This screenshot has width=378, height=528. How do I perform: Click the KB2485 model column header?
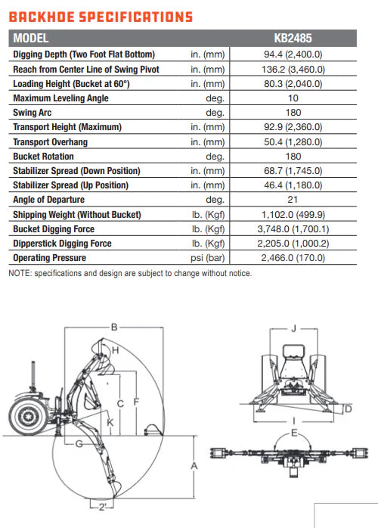[x=293, y=38]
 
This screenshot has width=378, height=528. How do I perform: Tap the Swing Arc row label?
[x=33, y=113]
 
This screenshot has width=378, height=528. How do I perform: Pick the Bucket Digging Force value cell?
[x=293, y=229]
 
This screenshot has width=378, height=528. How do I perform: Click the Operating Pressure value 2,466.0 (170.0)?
[x=293, y=258]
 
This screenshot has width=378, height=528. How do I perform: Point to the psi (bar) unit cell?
[x=208, y=258]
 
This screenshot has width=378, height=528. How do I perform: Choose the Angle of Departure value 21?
[x=293, y=200]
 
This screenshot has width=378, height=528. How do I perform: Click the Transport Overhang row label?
[x=51, y=142]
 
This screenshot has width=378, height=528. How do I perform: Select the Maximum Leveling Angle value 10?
[x=293, y=98]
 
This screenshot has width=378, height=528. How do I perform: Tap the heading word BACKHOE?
[x=42, y=17]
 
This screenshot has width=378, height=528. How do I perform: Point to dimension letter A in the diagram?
[x=194, y=466]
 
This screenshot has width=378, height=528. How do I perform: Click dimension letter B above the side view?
[x=114, y=327]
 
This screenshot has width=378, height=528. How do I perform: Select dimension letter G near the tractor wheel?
[x=79, y=444]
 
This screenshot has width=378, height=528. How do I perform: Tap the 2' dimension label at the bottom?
[x=102, y=507]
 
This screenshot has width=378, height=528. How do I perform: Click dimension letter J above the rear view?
[x=293, y=328]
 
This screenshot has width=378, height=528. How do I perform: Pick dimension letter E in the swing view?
[x=294, y=433]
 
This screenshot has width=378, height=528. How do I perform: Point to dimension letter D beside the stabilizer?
[x=349, y=408]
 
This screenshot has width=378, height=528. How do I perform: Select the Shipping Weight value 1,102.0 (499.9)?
[x=293, y=215]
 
